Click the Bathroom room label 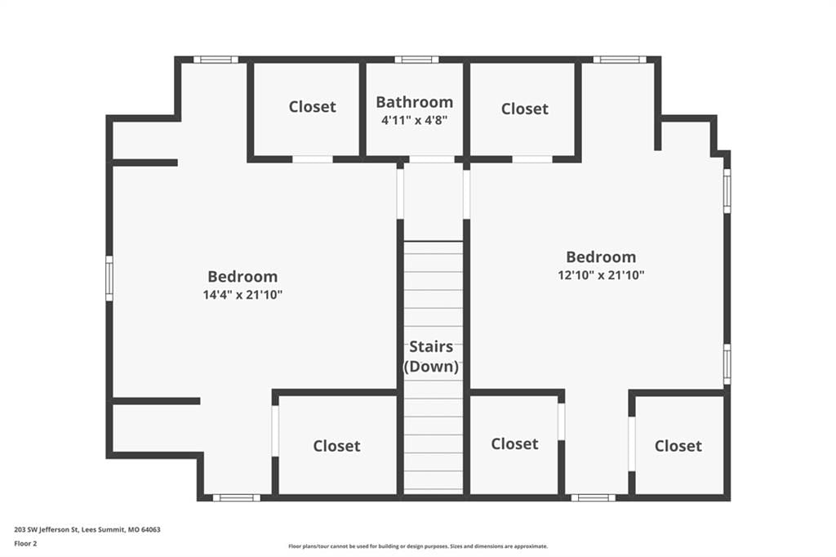pyautogui.click(x=414, y=102)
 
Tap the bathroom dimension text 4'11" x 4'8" pyautogui.click(x=414, y=120)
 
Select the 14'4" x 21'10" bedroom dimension pyautogui.click(x=242, y=295)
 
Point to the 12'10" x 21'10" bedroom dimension pyautogui.click(x=601, y=275)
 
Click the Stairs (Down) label pyautogui.click(x=431, y=356)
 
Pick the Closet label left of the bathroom pyautogui.click(x=313, y=107)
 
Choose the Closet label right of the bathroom pyautogui.click(x=525, y=109)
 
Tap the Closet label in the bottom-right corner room pyautogui.click(x=678, y=446)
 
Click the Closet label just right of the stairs pyautogui.click(x=514, y=444)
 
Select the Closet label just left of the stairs pyautogui.click(x=336, y=446)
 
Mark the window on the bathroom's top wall pyautogui.click(x=416, y=60)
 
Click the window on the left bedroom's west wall pyautogui.click(x=109, y=278)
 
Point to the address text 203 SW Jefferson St pyautogui.click(x=47, y=530)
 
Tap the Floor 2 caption pyautogui.click(x=25, y=544)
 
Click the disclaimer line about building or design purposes pyautogui.click(x=418, y=546)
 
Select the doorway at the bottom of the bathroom pyautogui.click(x=432, y=159)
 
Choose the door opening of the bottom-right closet pyautogui.click(x=632, y=444)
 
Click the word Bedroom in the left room pyautogui.click(x=242, y=276)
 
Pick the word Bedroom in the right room pyautogui.click(x=601, y=257)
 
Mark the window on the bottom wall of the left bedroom pyautogui.click(x=237, y=497)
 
